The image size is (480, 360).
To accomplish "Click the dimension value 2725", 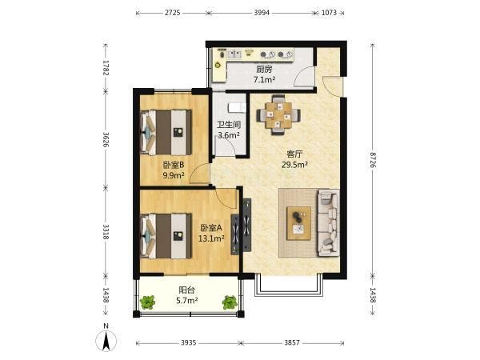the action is pyautogui.click(x=173, y=13).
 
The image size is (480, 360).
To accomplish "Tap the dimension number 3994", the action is pyautogui.click(x=262, y=13).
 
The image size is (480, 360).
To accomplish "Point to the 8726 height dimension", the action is pyautogui.click(x=373, y=159).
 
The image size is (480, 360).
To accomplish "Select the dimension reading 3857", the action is pyautogui.click(x=292, y=342).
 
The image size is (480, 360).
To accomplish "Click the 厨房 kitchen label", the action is pyautogui.click(x=264, y=70).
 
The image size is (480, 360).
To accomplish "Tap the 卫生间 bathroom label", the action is pyautogui.click(x=229, y=125).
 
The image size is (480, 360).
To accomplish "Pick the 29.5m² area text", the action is pyautogui.click(x=294, y=165).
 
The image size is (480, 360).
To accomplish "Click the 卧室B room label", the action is pyautogui.click(x=174, y=165).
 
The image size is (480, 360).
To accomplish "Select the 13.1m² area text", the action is pyautogui.click(x=211, y=238).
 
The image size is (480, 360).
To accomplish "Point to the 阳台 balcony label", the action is pyautogui.click(x=186, y=290).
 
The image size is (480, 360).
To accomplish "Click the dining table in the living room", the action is pyautogui.click(x=278, y=115).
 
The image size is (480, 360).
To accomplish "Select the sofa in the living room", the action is pyautogui.click(x=329, y=223).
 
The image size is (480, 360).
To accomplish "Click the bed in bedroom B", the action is pyautogui.click(x=166, y=132).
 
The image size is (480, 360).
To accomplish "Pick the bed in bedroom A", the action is pyautogui.click(x=166, y=236).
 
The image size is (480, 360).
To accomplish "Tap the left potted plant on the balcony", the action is pyautogui.click(x=148, y=302).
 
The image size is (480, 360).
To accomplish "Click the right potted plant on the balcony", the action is pyautogui.click(x=230, y=302).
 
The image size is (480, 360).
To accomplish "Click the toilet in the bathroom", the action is pyautogui.click(x=237, y=107).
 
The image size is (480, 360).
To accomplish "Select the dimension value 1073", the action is pyautogui.click(x=329, y=13).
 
